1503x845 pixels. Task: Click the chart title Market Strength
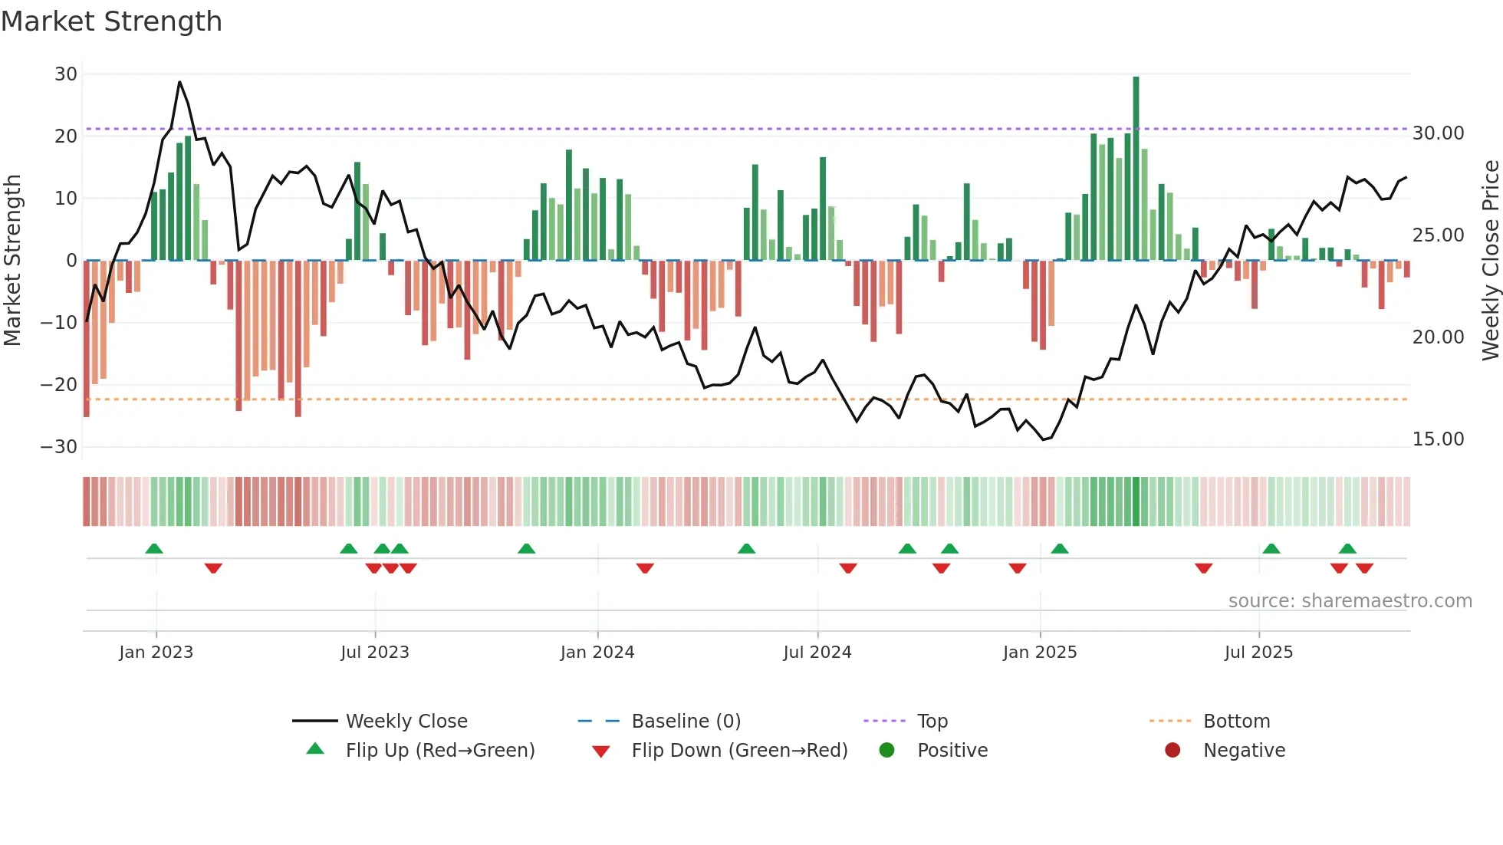111,21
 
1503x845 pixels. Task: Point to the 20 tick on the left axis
66,136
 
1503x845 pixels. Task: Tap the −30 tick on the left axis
60,447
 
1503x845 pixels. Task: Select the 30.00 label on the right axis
1438,133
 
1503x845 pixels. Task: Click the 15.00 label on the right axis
1438,439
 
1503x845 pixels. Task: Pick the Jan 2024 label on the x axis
597,653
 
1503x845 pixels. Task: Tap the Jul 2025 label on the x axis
1258,653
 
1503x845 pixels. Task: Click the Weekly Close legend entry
406,722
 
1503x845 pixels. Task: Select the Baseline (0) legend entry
686,722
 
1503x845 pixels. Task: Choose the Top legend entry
932,722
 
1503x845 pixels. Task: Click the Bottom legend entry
1236,722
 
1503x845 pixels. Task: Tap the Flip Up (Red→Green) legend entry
439,751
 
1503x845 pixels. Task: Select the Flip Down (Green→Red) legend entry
739,751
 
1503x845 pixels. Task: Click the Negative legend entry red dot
1172,751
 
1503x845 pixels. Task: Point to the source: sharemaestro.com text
1350,601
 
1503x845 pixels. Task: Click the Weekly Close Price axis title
1490,261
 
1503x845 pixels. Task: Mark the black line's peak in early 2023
179,82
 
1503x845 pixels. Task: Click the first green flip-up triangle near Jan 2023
154,549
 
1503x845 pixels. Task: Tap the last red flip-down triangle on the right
1364,568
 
